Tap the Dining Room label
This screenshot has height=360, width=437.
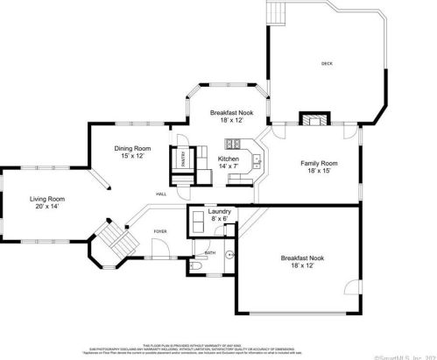click(x=132, y=148)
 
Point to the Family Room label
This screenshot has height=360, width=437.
click(x=320, y=163)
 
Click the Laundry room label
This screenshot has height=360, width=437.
click(x=219, y=211)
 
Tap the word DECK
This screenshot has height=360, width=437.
click(x=327, y=64)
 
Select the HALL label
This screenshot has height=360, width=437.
click(x=162, y=194)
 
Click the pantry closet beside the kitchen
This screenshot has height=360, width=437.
click(x=184, y=159)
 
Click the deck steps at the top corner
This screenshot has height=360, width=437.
click(x=277, y=13)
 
